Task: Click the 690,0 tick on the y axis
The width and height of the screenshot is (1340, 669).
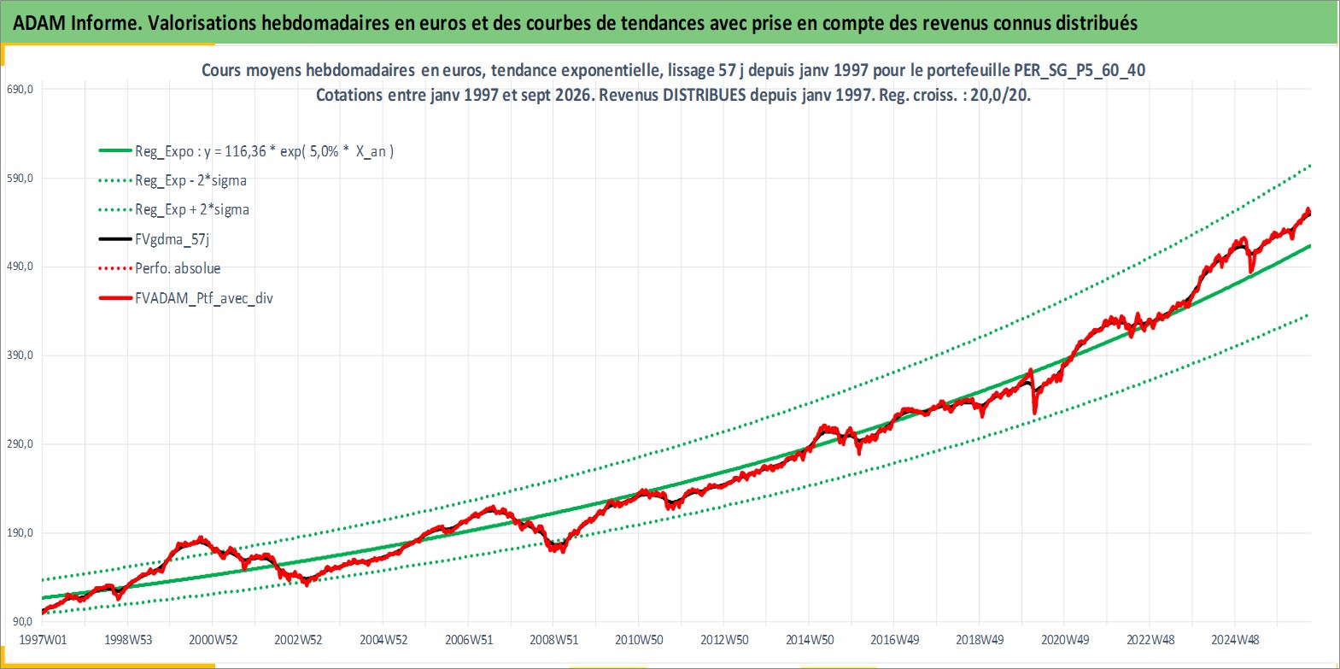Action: (19, 89)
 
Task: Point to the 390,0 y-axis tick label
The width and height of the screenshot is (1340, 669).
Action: (19, 355)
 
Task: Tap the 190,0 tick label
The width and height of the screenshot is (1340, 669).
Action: (19, 532)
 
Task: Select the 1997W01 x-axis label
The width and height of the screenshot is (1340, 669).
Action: (43, 640)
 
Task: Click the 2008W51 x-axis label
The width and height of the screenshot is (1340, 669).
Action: (554, 640)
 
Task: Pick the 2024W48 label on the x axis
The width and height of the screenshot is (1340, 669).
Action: (1235, 640)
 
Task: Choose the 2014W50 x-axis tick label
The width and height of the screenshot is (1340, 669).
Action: (810, 640)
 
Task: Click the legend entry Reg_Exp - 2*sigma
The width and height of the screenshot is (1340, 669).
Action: (190, 180)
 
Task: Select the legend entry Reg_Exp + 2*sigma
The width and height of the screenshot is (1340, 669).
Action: (192, 209)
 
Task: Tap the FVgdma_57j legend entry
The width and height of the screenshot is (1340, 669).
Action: (173, 239)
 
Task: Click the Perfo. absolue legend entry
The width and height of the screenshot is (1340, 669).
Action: (178, 268)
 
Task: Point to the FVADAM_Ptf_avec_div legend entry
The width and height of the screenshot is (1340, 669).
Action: (204, 298)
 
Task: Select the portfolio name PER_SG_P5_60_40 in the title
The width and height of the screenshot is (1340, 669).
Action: (1080, 70)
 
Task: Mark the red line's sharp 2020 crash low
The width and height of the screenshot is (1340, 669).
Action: (1035, 413)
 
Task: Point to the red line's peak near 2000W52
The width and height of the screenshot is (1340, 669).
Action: (201, 538)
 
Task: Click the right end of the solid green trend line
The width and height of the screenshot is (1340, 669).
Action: (1311, 246)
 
